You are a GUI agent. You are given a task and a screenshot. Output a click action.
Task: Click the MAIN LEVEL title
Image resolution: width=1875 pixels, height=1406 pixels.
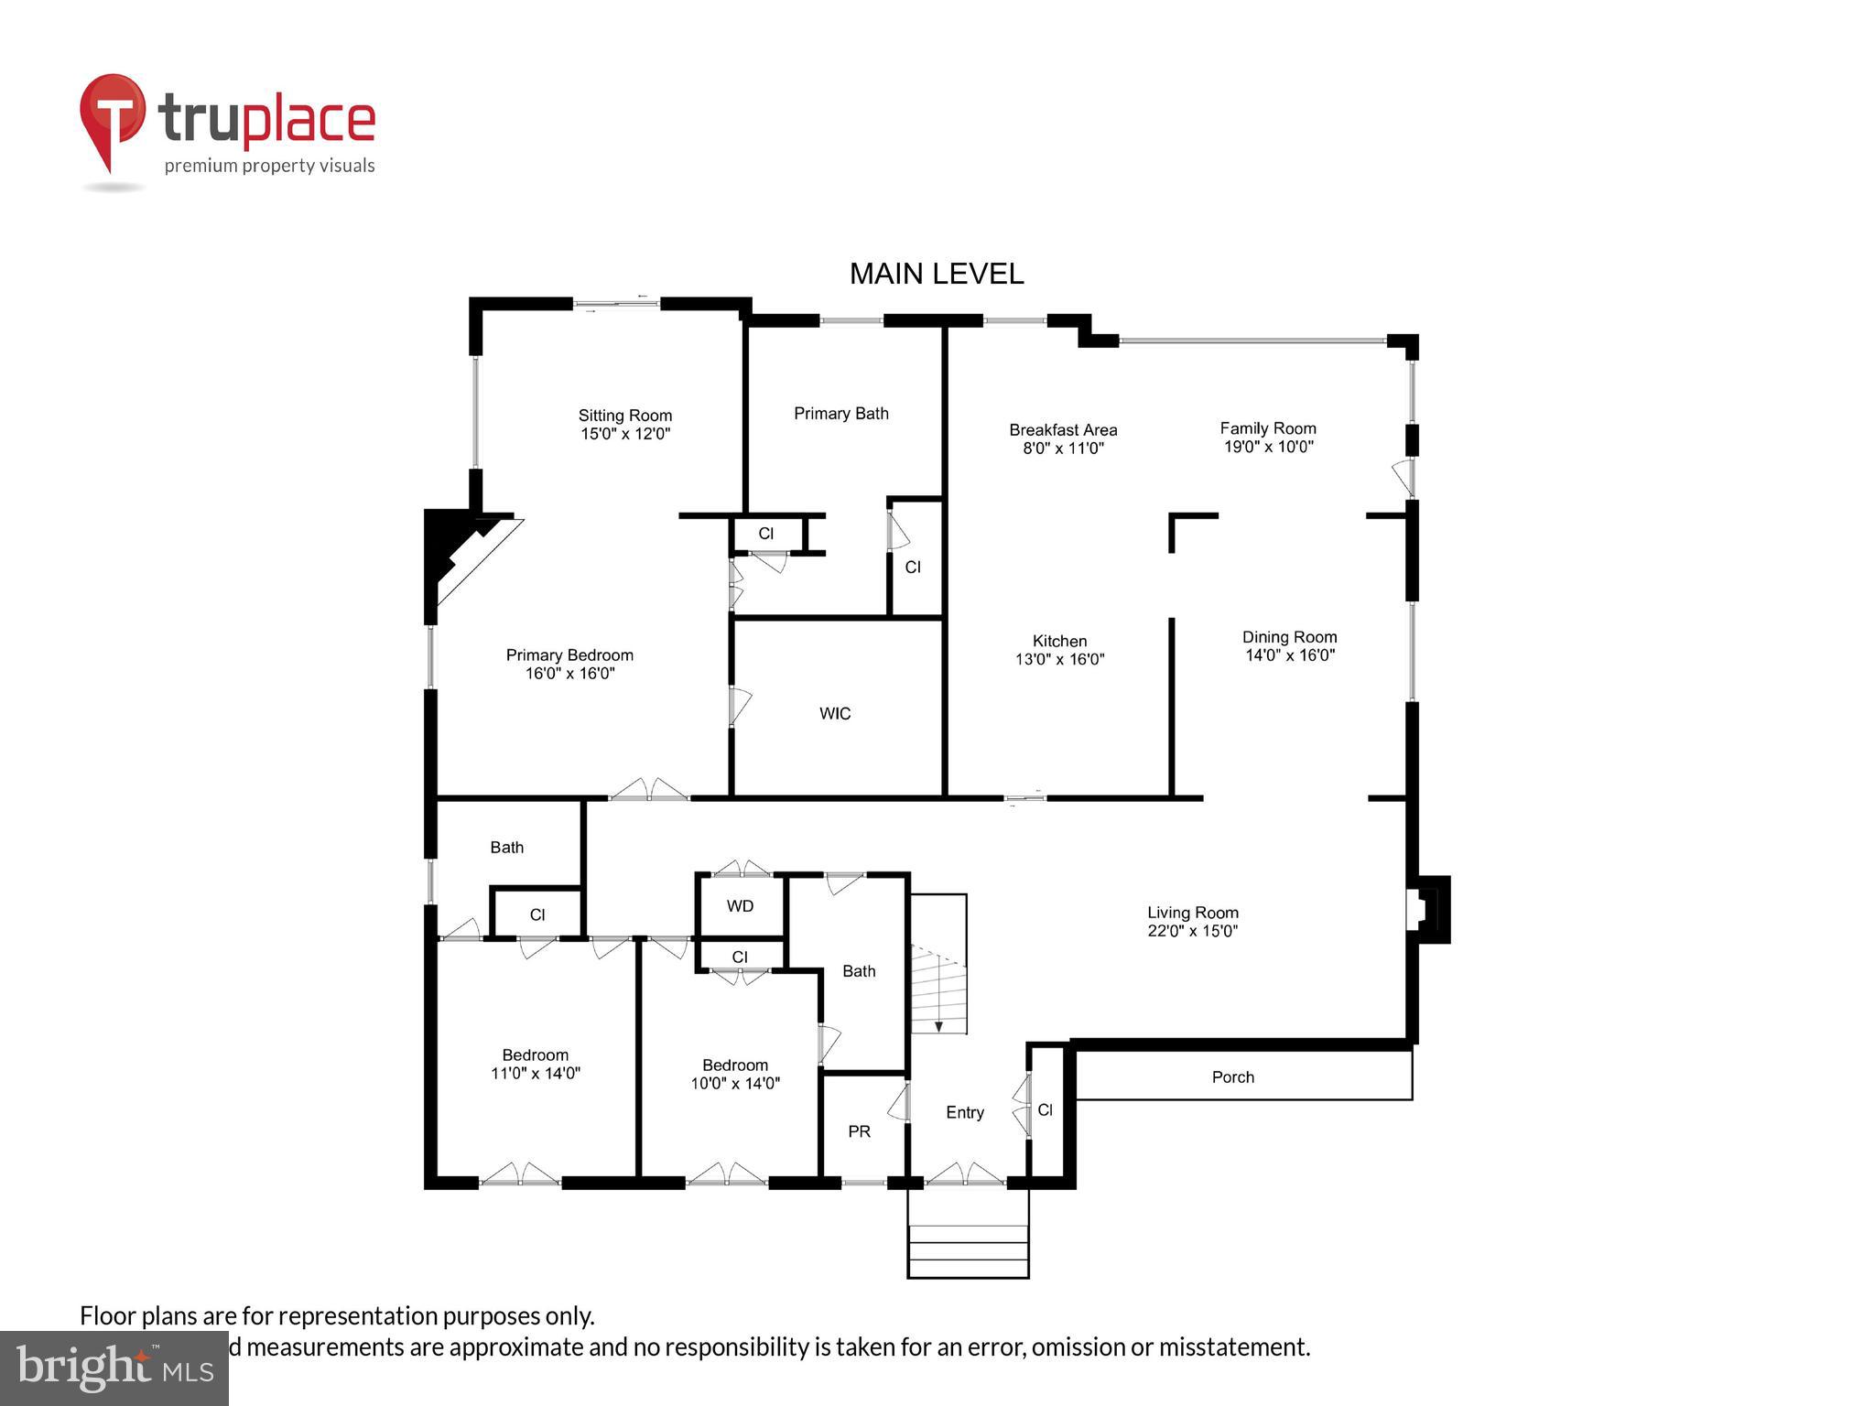936,274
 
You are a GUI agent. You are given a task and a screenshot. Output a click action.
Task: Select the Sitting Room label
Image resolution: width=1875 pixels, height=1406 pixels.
624,416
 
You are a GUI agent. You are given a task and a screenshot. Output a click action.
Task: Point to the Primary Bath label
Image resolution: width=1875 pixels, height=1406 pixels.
840,414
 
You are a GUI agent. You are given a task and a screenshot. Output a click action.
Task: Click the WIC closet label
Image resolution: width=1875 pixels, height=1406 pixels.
834,714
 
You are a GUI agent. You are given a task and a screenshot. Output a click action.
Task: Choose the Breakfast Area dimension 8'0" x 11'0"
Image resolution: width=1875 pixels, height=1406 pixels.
1063,449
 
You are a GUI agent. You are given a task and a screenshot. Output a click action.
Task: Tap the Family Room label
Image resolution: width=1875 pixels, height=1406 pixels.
1267,428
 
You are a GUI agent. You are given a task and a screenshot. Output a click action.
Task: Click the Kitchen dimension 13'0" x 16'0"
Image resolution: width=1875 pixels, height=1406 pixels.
1059,659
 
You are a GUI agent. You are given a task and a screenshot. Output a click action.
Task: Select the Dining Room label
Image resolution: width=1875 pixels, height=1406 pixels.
1289,637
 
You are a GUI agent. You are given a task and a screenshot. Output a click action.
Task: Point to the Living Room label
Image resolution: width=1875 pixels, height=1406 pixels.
1192,913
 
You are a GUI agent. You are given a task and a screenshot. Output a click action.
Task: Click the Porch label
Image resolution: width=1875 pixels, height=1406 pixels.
1232,1077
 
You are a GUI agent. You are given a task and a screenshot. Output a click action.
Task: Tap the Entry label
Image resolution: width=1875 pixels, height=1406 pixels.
964,1112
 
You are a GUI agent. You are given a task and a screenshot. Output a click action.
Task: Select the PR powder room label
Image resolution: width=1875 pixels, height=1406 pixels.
858,1132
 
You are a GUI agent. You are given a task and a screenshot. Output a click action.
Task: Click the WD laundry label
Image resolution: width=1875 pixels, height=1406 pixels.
740,906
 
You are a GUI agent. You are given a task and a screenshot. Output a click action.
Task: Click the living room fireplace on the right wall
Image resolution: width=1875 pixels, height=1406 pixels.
1428,909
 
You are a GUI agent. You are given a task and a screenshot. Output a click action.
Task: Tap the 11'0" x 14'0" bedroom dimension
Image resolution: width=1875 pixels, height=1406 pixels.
535,1074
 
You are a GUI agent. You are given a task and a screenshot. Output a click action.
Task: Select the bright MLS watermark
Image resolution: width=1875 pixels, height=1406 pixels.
114,1368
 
